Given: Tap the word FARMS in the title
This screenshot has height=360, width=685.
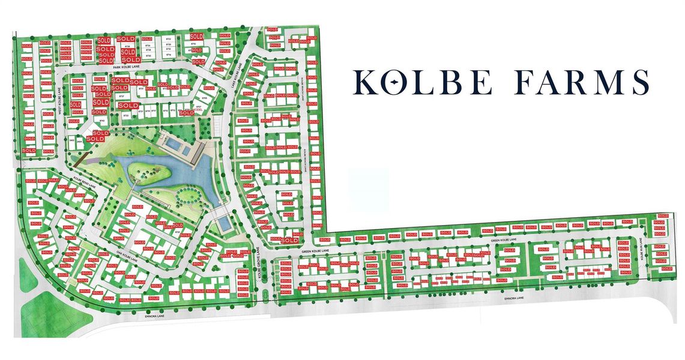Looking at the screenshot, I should pyautogui.click(x=581, y=82).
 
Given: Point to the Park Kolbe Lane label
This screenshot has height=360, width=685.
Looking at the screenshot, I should pyautogui.click(x=126, y=68).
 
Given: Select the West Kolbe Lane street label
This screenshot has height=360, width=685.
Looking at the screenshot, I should pyautogui.click(x=59, y=99).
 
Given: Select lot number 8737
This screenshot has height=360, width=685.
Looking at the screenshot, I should pyautogui.click(x=122, y=96).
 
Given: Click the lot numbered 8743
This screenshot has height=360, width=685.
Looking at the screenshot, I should pyautogui.click(x=102, y=121).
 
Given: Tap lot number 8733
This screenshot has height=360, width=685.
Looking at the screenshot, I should pyautogui.click(x=127, y=115).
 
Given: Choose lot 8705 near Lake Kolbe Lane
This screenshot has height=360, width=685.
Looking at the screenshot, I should pyautogui.click(x=204, y=97).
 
